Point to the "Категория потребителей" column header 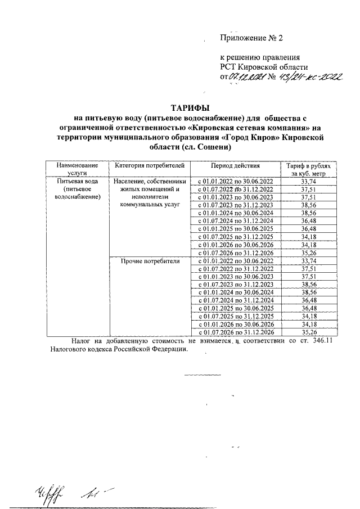[x=149, y=166]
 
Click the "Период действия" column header [x=235, y=166]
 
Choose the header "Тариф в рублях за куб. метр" [x=308, y=170]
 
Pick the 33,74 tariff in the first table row [x=308, y=182]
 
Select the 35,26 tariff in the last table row [x=308, y=332]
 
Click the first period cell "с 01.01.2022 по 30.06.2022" [x=235, y=182]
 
